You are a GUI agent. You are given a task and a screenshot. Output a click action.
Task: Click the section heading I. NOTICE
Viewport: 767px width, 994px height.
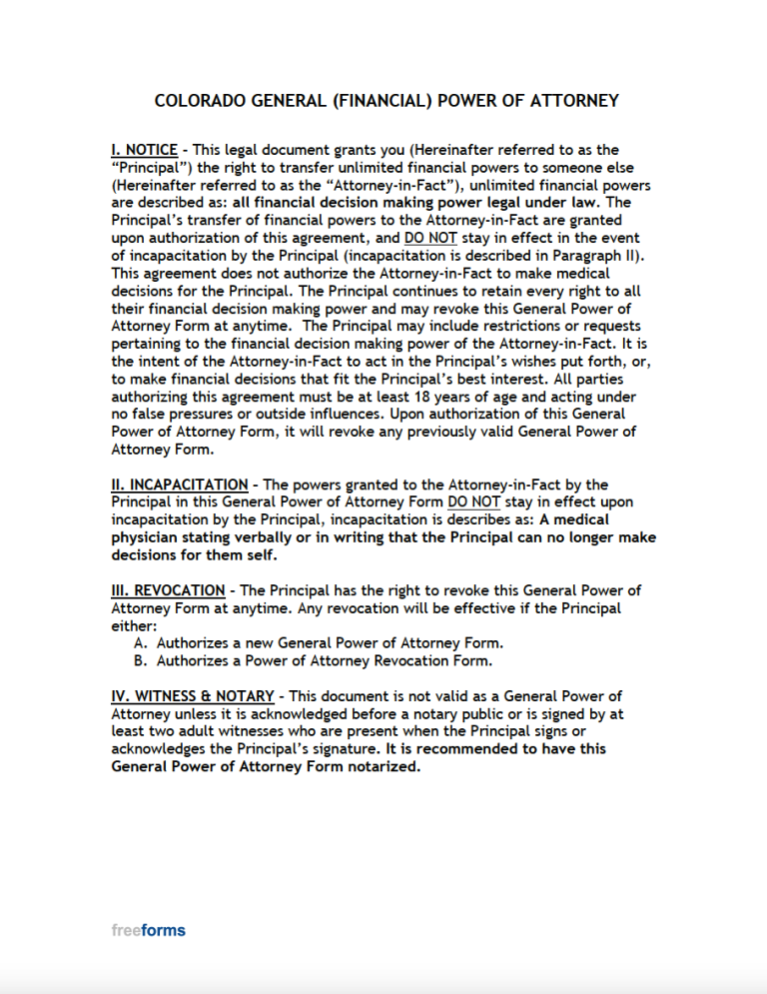click(x=144, y=150)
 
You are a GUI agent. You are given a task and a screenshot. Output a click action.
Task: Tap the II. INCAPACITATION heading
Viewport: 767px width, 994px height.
click(x=179, y=486)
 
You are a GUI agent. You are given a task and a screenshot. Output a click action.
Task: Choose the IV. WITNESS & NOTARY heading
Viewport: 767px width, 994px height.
click(x=194, y=695)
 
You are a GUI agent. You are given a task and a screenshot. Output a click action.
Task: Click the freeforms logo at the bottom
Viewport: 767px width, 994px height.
click(x=148, y=930)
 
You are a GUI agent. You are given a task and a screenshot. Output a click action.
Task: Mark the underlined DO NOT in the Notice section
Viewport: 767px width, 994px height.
click(x=430, y=239)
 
